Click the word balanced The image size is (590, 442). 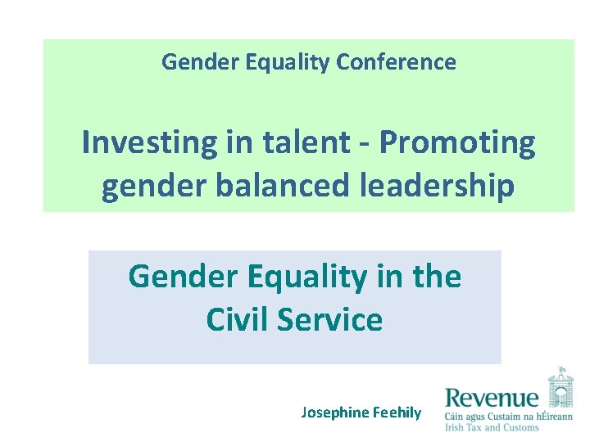click(279, 186)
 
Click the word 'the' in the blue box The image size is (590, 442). click(436, 277)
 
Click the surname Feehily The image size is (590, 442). click(397, 413)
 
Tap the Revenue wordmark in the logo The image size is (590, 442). click(492, 399)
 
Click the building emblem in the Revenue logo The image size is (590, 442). click(560, 386)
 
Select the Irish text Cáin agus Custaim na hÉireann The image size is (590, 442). click(508, 416)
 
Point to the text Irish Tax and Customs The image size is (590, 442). click(492, 427)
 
